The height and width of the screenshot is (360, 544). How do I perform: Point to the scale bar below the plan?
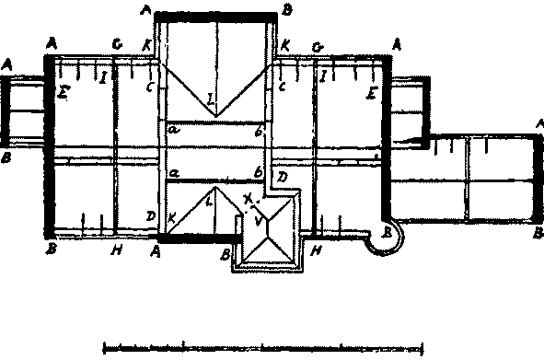point(262,348)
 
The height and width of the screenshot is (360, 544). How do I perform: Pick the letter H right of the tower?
point(316,250)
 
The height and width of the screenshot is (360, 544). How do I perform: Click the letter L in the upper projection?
point(211,99)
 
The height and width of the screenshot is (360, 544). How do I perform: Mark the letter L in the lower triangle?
point(209,198)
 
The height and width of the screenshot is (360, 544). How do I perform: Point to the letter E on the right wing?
point(371,94)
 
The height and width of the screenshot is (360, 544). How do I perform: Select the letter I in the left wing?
point(103,76)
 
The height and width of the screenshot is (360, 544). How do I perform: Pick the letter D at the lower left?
point(149,215)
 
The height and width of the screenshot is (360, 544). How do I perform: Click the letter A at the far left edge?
point(7,64)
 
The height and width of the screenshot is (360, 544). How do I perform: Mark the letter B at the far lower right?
point(538,234)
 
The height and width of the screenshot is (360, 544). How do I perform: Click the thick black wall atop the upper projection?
point(217,16)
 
